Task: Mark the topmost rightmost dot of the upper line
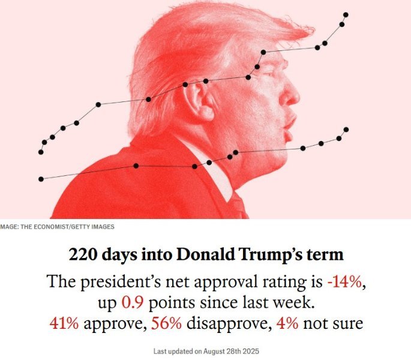coord(346,14)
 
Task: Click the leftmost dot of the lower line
coord(41,179)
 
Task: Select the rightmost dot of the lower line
coord(346,130)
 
